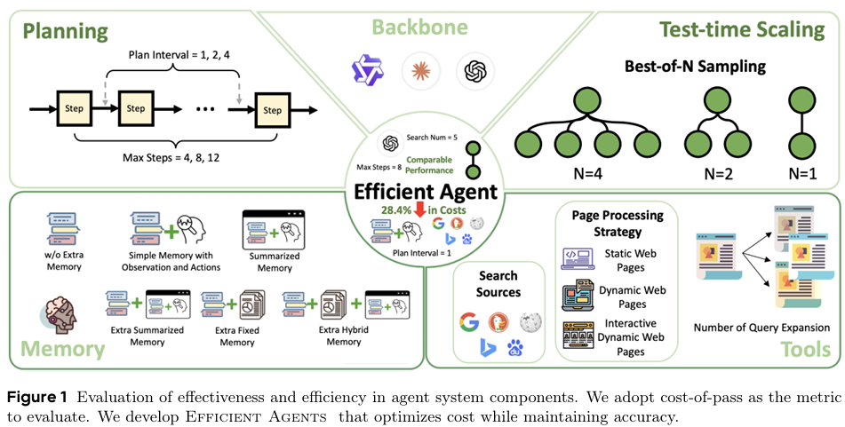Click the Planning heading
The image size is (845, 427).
coord(66,30)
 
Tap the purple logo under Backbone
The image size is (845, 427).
coord(367,70)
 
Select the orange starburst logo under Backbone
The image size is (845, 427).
coord(421,70)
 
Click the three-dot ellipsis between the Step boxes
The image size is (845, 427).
coord(205,109)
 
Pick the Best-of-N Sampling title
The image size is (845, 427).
coord(695,67)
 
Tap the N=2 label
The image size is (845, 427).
coord(717,175)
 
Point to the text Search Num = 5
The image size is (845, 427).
coord(432,138)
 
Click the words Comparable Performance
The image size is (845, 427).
coord(429,165)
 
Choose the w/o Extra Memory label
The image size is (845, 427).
coord(64,261)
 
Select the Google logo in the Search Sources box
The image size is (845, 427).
coord(469,322)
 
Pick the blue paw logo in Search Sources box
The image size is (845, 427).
coord(515,348)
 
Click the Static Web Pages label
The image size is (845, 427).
coord(630,260)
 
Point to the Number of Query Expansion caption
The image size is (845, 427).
coord(761,328)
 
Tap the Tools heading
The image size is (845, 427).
coord(806,350)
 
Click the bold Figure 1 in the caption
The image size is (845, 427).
coord(37,398)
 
